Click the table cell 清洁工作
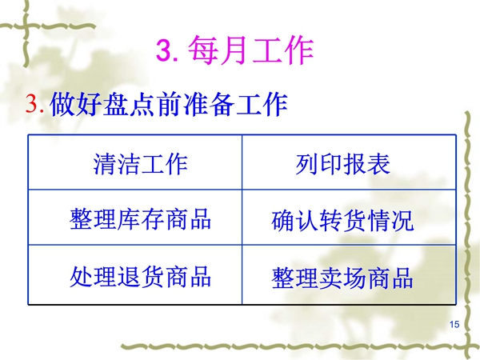(x=135, y=162)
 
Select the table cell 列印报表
(x=349, y=162)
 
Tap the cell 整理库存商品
(x=135, y=218)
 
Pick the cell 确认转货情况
(x=349, y=218)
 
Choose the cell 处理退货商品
(x=135, y=274)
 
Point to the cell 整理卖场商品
(x=349, y=274)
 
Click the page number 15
(x=454, y=324)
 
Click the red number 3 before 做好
(x=33, y=103)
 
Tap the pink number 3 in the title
(x=165, y=50)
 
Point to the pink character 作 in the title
(x=298, y=50)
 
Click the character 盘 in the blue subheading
(x=116, y=104)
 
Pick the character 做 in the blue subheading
(x=62, y=104)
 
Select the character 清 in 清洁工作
(x=105, y=164)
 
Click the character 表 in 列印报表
(x=378, y=164)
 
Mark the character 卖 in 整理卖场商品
(x=331, y=278)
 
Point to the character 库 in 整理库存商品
(x=129, y=218)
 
